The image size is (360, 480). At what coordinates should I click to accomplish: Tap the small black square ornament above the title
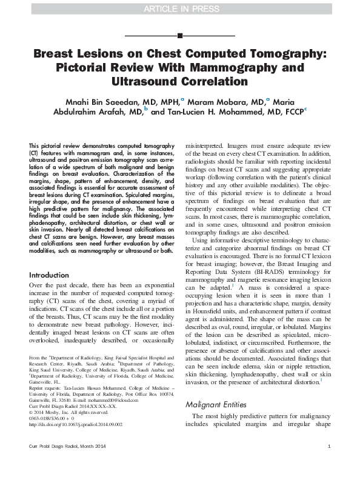coord(179,36)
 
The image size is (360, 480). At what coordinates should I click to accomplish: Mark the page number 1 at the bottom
coord(328,464)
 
